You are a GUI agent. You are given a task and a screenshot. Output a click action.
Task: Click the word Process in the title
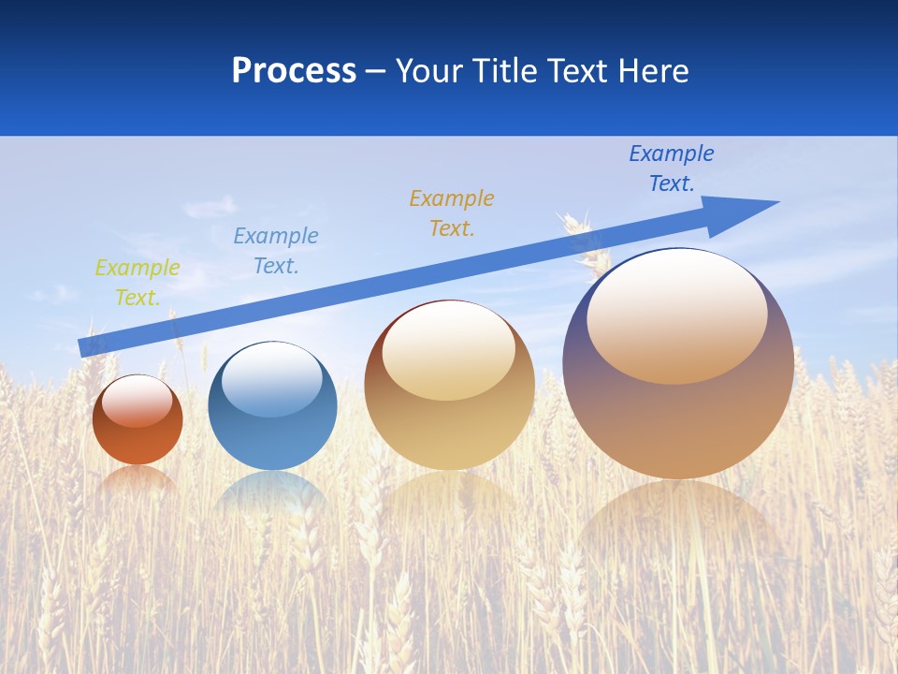coord(294,71)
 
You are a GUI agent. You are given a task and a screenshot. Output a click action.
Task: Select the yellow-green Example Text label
coord(138,283)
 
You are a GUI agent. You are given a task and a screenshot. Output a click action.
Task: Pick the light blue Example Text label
coord(276,251)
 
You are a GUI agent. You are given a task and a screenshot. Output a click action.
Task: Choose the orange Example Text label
coord(452,213)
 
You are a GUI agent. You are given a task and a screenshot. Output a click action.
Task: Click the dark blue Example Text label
coord(671,168)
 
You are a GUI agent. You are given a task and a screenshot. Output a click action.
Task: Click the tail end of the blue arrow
coord(86,347)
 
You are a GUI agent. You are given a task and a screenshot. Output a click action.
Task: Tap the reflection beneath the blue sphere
coord(272,491)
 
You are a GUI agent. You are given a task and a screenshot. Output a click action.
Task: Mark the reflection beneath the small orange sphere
coord(138,479)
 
